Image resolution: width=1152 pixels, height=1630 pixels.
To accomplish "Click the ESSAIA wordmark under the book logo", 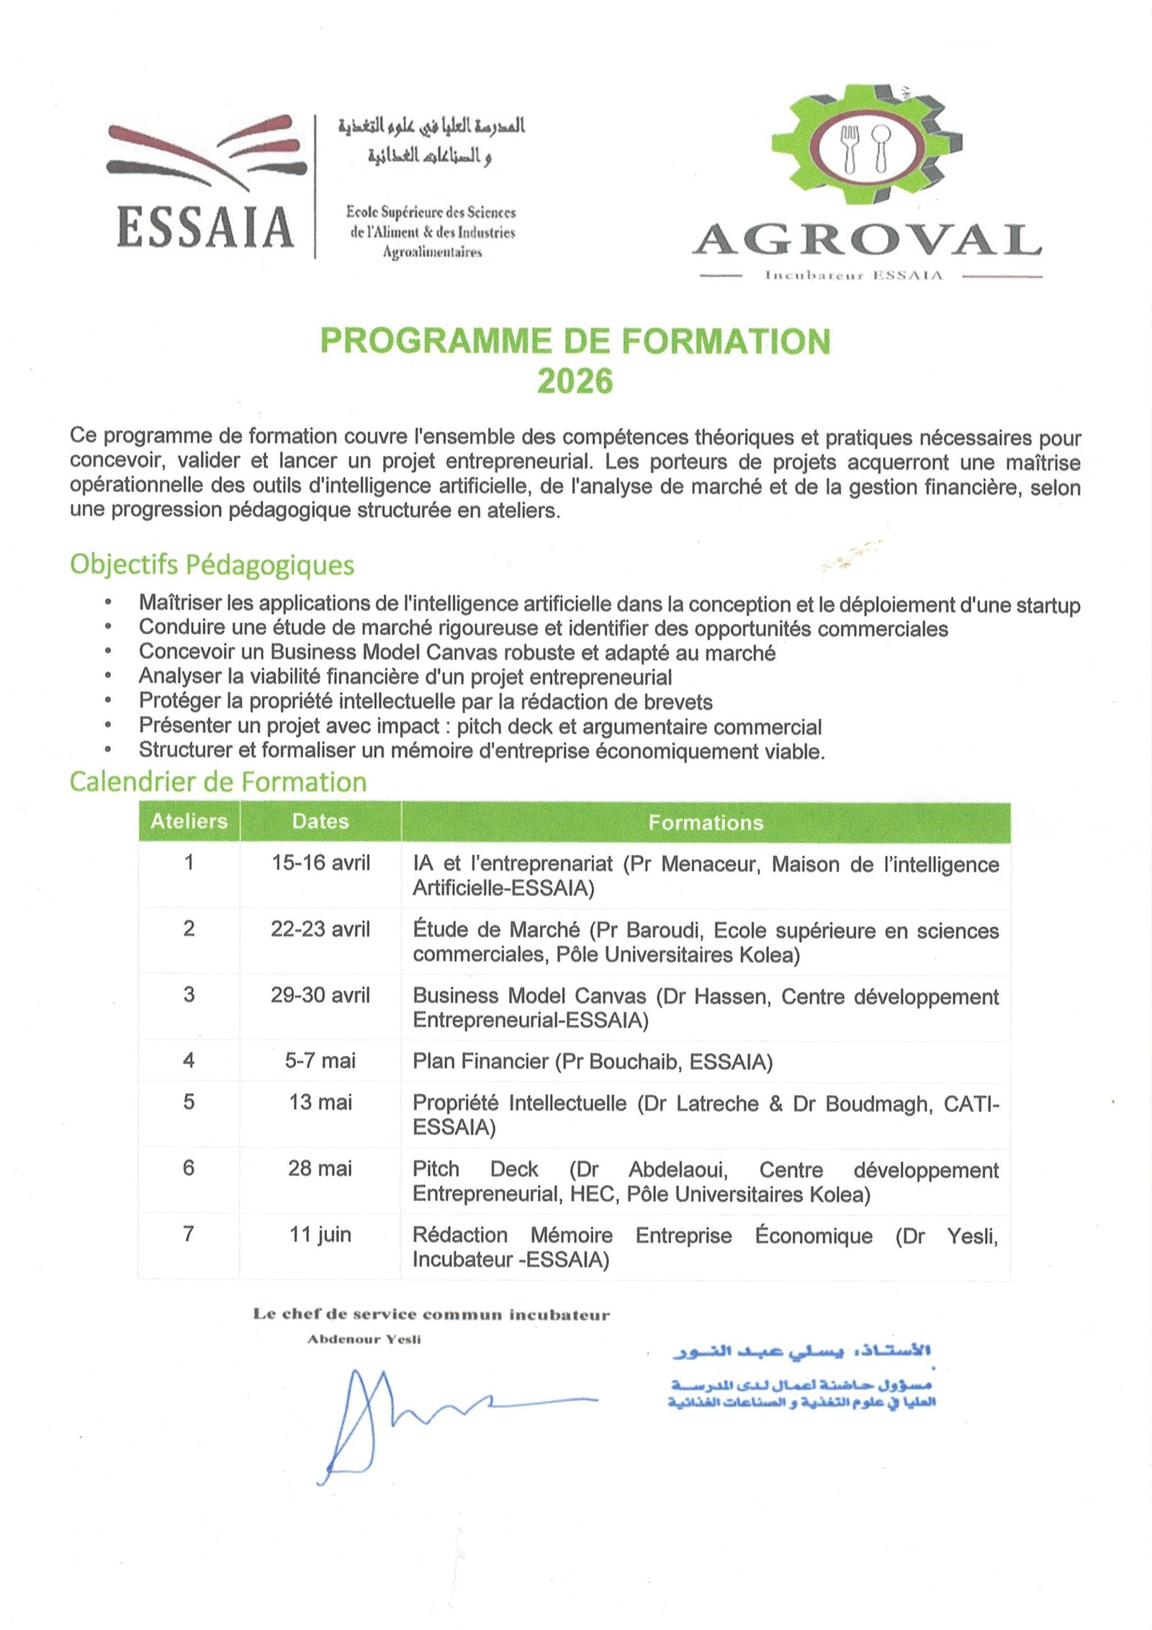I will click(x=205, y=228).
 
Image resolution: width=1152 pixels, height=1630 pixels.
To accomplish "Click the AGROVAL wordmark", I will click(x=868, y=240).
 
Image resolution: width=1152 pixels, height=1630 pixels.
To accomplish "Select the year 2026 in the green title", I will click(x=575, y=381).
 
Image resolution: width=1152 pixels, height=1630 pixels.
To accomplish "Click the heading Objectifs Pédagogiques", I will click(x=212, y=564).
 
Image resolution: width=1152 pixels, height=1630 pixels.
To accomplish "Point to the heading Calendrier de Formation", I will click(x=218, y=782).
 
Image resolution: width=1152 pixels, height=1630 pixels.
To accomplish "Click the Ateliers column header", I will click(x=189, y=821).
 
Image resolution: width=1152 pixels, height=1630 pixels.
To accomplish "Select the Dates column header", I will click(x=320, y=821).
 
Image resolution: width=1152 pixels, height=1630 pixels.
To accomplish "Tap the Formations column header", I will click(x=706, y=823).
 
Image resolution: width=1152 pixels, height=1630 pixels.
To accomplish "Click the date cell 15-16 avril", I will click(x=320, y=863).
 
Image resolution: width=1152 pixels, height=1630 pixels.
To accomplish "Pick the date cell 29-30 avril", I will click(x=320, y=995).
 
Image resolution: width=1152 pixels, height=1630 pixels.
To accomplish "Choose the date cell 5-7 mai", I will click(x=320, y=1060).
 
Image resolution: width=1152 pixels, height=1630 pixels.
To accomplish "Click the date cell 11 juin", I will click(x=320, y=1235).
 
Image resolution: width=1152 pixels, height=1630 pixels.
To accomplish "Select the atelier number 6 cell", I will click(x=189, y=1168).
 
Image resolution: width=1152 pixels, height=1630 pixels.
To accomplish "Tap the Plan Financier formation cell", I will click(x=592, y=1062).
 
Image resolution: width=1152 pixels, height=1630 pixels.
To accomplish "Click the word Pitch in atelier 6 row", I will click(x=436, y=1169).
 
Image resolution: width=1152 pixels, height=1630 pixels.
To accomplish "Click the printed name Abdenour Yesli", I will click(x=364, y=1339).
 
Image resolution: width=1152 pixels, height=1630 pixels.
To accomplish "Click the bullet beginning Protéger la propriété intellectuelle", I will click(x=426, y=702).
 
